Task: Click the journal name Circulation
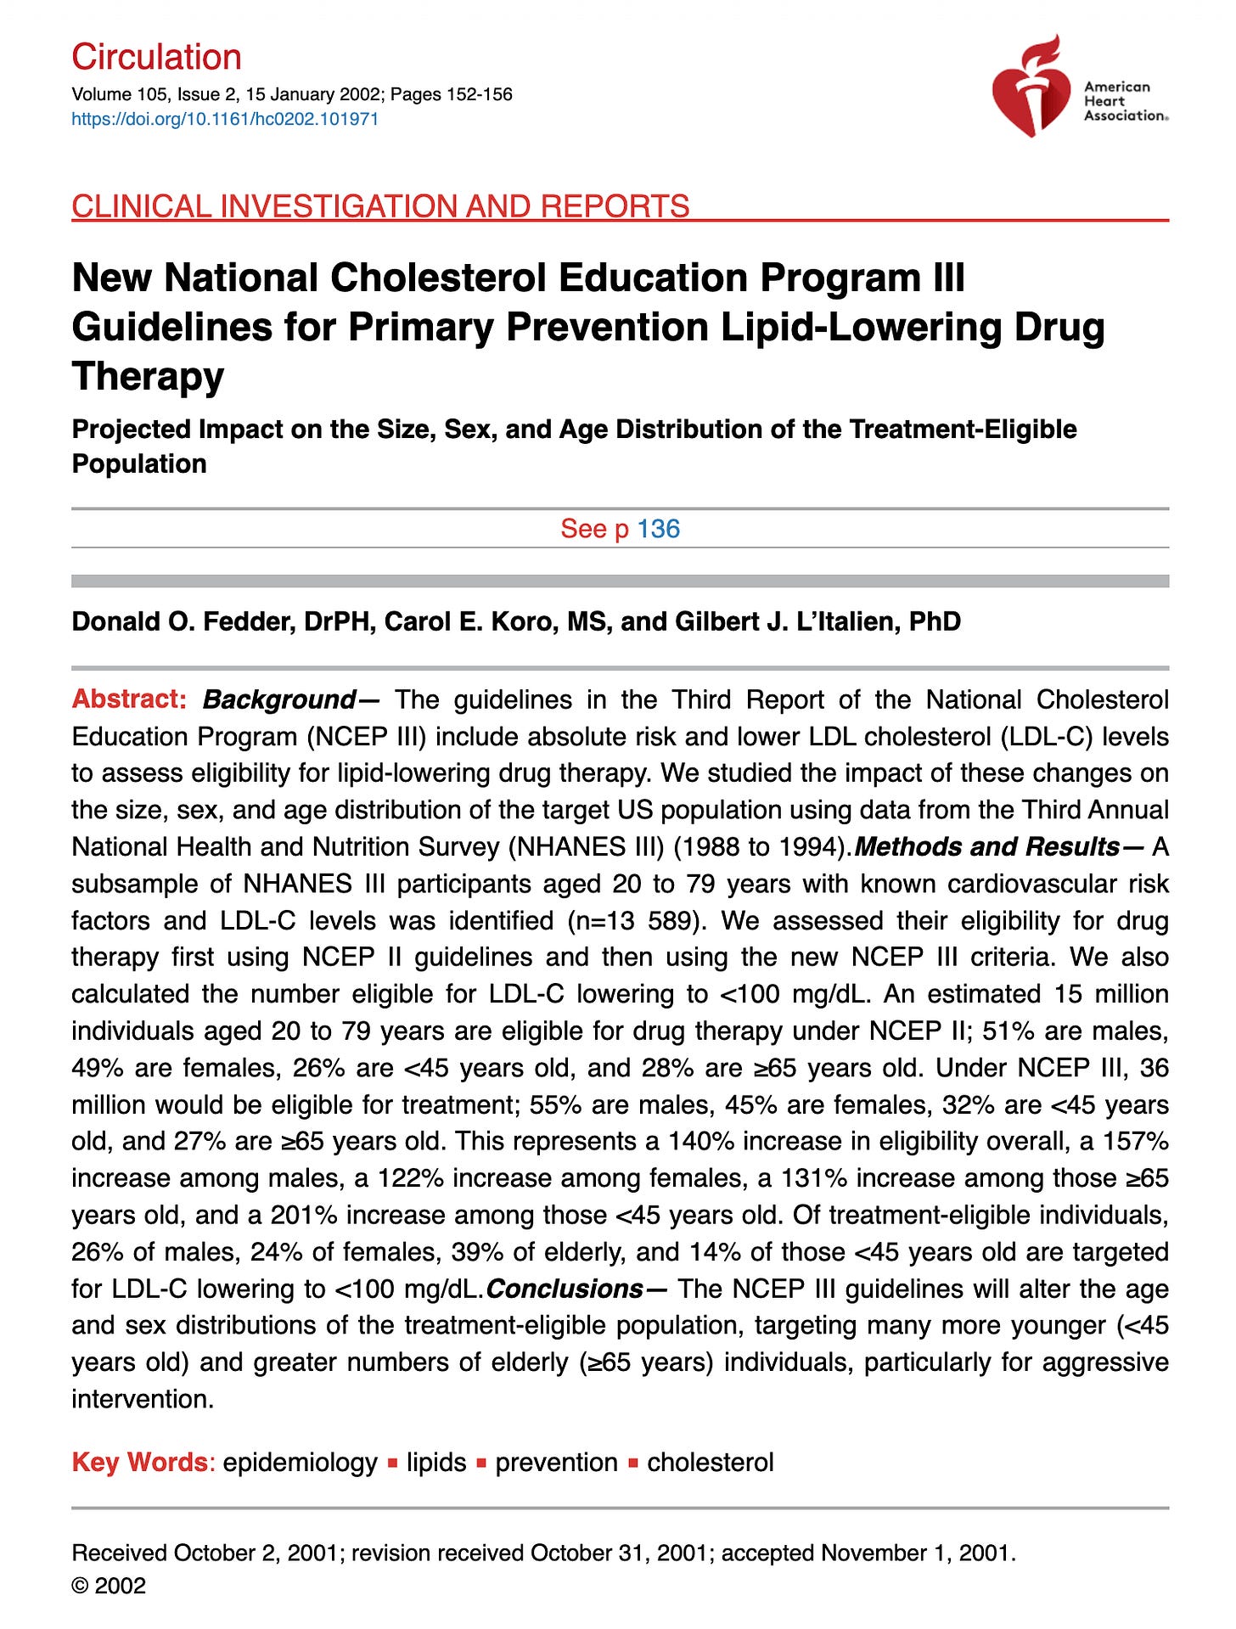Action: (x=157, y=57)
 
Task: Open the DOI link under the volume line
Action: (x=225, y=119)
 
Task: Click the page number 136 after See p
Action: (x=659, y=529)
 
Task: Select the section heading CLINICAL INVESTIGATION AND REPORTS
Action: (x=380, y=206)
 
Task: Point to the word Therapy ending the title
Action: (x=148, y=376)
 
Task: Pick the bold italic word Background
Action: (x=278, y=700)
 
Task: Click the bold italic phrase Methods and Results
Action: (x=987, y=846)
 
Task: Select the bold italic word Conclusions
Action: (x=565, y=1289)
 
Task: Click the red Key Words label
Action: (x=140, y=1462)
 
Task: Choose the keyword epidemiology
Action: (x=300, y=1462)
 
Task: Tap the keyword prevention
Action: (x=556, y=1462)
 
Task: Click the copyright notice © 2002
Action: (x=109, y=1586)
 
